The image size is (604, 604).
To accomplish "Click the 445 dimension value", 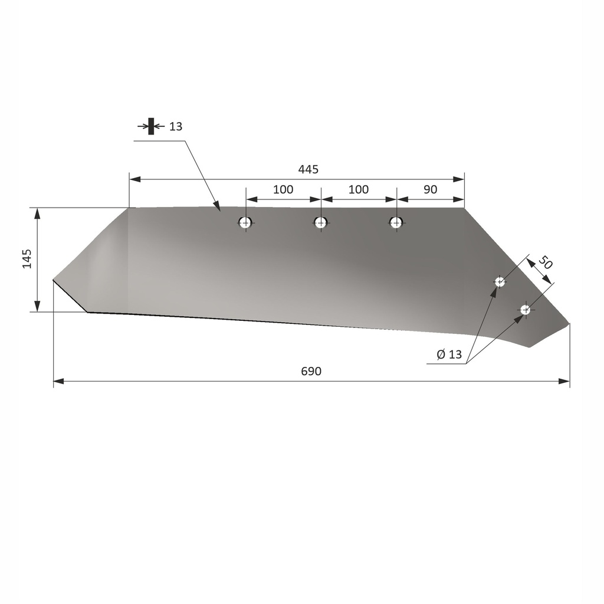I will [x=308, y=170].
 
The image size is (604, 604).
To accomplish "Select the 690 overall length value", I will [x=311, y=372].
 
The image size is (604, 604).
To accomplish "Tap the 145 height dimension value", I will [x=27, y=259].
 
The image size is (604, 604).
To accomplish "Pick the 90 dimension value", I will [x=430, y=189].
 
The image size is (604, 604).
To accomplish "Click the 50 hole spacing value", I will [x=546, y=262].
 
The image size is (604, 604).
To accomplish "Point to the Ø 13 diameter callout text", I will [x=449, y=354].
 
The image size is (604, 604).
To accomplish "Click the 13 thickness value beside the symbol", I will [x=175, y=126].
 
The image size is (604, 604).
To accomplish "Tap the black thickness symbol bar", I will [x=151, y=126].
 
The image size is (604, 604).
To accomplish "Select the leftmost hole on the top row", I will [x=245, y=222].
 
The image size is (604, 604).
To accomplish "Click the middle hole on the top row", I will [x=320, y=222].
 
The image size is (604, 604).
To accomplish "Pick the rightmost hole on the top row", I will [x=396, y=222].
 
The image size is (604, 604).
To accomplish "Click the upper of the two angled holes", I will [x=500, y=282].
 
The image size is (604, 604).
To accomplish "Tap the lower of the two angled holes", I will [x=525, y=310].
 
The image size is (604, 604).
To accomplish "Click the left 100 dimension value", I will [x=283, y=189].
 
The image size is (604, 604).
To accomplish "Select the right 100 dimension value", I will [x=358, y=189].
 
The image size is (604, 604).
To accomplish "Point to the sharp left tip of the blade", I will [x=54, y=280].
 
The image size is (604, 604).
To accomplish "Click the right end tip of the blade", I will [x=569, y=323].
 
